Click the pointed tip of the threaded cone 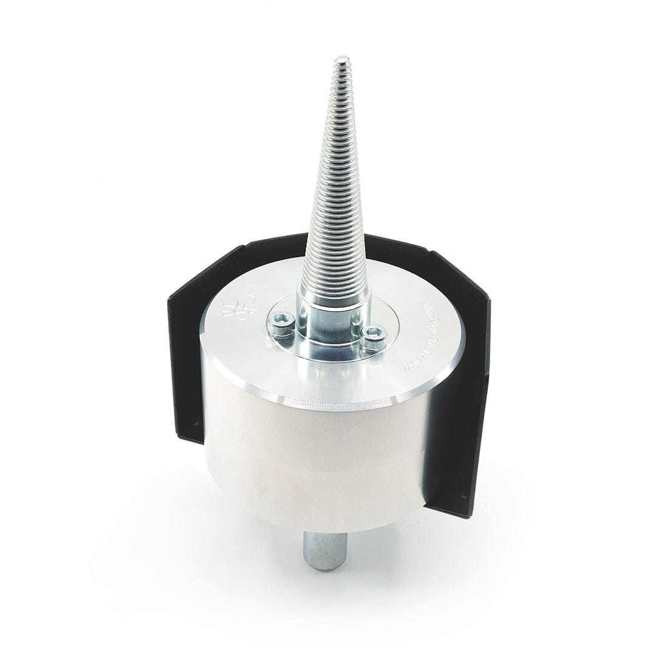coord(342,60)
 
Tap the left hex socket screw coord(281,324)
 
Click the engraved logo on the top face coord(239,307)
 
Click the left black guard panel coord(185,364)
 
